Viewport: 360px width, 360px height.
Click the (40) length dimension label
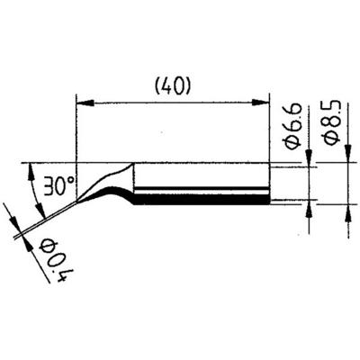pos(172,87)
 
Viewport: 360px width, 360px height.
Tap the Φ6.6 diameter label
pos(292,126)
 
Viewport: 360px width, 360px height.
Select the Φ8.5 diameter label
pos(332,122)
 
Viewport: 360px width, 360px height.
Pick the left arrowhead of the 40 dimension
pos(85,103)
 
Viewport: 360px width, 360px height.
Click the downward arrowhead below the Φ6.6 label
pos(309,157)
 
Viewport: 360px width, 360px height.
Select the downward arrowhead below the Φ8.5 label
pos(348,154)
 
